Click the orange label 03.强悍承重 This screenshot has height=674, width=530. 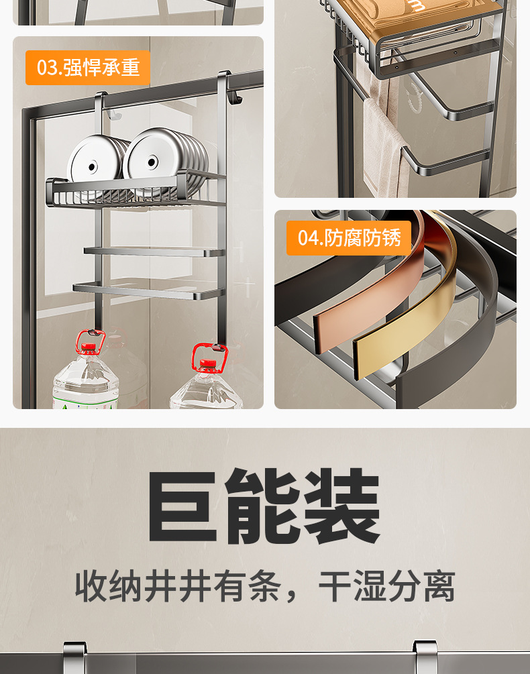(x=88, y=68)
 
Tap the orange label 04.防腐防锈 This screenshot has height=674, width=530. (x=349, y=237)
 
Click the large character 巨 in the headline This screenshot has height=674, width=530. (x=182, y=507)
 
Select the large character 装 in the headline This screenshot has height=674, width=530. (x=342, y=506)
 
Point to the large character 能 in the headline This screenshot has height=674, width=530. (x=262, y=506)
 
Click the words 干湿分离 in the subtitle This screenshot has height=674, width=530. (x=387, y=586)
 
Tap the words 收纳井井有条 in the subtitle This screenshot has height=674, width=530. (x=178, y=586)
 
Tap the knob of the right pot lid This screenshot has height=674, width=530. (x=152, y=162)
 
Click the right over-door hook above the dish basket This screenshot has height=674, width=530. (x=228, y=88)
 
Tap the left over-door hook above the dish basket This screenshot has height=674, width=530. (x=103, y=105)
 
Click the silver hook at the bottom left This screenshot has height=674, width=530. (x=74, y=658)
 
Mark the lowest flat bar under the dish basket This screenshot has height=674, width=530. (x=149, y=290)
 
